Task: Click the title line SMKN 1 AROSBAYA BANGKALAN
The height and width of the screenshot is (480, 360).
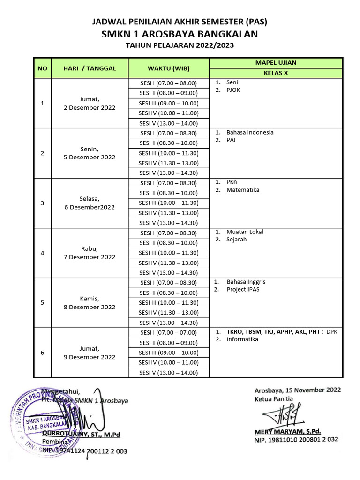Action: pyautogui.click(x=180, y=34)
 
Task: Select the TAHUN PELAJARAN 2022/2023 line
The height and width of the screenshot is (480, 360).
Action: pyautogui.click(x=180, y=46)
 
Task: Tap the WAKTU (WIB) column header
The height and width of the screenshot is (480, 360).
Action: pyautogui.click(x=168, y=68)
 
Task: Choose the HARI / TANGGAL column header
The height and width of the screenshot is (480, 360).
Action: pyautogui.click(x=89, y=68)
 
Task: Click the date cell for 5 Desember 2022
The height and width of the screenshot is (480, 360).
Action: pyautogui.click(x=89, y=153)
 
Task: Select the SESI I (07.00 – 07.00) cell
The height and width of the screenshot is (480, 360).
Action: pyautogui.click(x=169, y=332)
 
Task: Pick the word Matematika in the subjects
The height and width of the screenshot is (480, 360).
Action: pyautogui.click(x=243, y=190)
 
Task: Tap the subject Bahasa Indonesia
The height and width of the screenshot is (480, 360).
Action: pyautogui.click(x=250, y=132)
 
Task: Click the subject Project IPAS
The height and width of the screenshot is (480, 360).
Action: pyautogui.click(x=243, y=289)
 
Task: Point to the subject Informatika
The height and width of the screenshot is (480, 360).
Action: pyautogui.click(x=242, y=339)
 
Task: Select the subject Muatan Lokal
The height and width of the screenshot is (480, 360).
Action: pyautogui.click(x=245, y=232)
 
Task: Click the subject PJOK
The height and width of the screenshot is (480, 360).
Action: pyautogui.click(x=233, y=90)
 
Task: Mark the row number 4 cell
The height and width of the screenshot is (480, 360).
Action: pyautogui.click(x=43, y=253)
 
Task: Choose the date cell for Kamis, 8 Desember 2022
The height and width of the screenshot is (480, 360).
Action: pyautogui.click(x=89, y=303)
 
